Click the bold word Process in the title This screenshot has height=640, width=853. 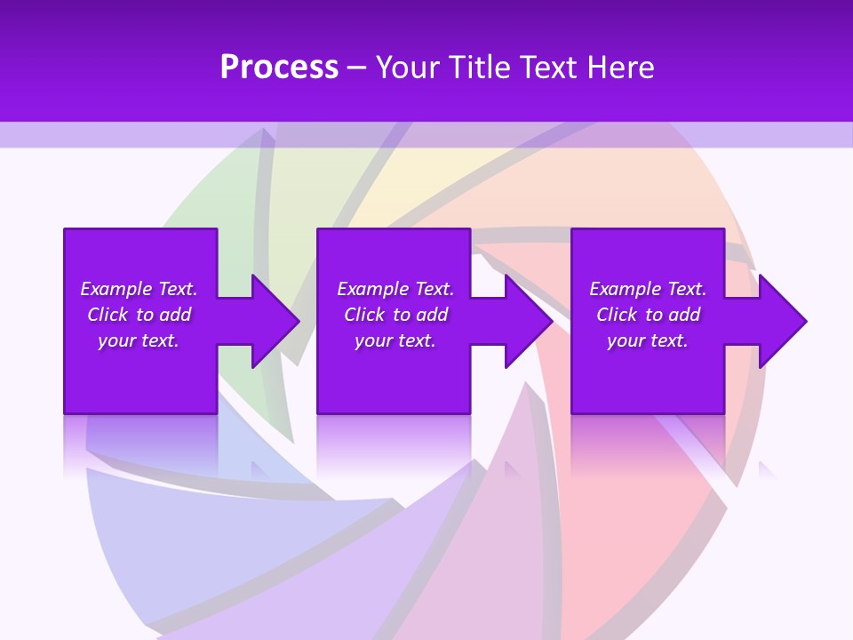point(279,68)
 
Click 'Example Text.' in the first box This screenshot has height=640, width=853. point(139,289)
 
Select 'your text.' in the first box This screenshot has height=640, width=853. point(139,340)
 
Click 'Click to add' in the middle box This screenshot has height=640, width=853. point(395,315)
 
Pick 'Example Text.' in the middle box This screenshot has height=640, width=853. point(395,289)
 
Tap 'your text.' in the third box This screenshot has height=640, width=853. point(648,340)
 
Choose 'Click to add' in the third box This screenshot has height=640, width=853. point(648,315)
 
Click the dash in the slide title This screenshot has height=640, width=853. point(356,68)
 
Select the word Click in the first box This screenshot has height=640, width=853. point(108,315)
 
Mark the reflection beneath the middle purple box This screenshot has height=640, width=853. point(393,444)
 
